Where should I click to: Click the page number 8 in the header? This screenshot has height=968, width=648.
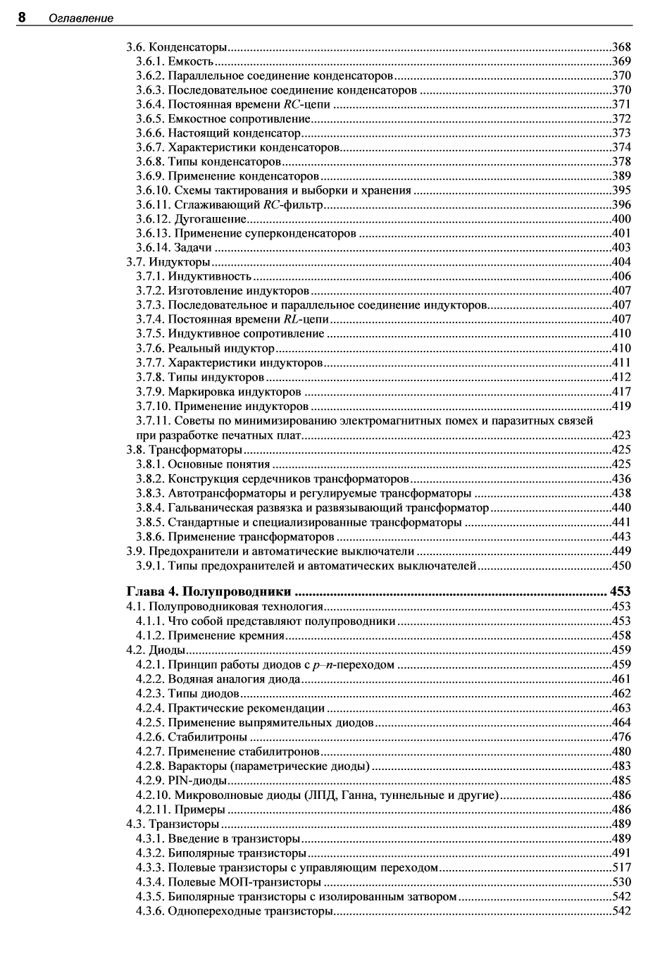pyautogui.click(x=23, y=15)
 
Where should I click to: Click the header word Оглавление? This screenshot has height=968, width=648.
pyautogui.click(x=81, y=18)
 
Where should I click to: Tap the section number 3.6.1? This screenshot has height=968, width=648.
pyautogui.click(x=150, y=61)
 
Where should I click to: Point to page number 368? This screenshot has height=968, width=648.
pyautogui.click(x=621, y=47)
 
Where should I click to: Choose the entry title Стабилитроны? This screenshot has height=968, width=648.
pyautogui.click(x=208, y=737)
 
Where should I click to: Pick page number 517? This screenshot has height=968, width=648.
pyautogui.click(x=621, y=867)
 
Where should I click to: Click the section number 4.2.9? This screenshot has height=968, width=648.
pyautogui.click(x=150, y=781)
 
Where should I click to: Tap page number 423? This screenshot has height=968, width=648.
pyautogui.click(x=621, y=435)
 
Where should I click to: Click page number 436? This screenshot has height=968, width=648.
pyautogui.click(x=621, y=478)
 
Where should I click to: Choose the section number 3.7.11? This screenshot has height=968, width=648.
pyautogui.click(x=153, y=421)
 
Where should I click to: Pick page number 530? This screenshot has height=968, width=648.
pyautogui.click(x=621, y=882)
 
